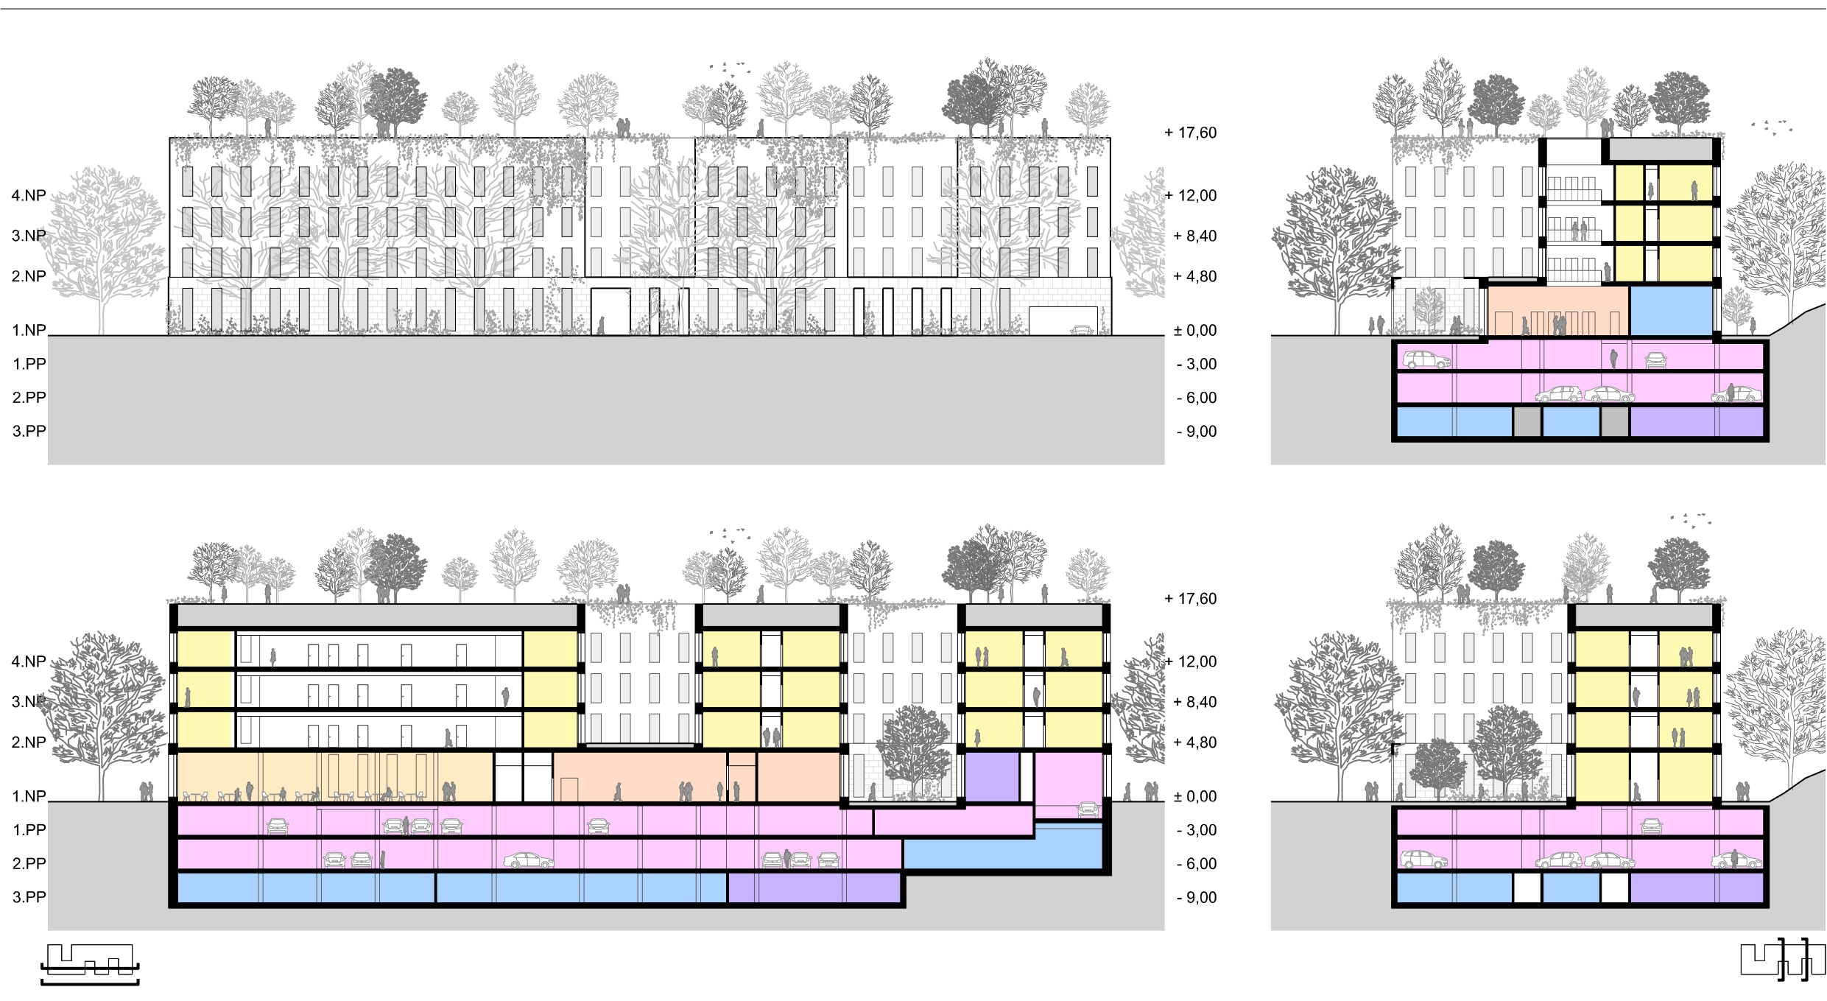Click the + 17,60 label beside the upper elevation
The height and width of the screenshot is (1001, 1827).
click(1190, 133)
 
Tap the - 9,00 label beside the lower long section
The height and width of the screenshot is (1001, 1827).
click(1196, 897)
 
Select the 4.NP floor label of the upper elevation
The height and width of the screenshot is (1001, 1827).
click(28, 195)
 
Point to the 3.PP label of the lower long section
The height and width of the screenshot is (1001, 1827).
click(29, 897)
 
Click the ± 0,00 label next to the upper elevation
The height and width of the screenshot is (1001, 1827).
click(1194, 330)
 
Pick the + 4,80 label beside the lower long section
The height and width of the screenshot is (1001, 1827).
click(1194, 742)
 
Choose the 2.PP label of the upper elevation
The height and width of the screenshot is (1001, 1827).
click(29, 398)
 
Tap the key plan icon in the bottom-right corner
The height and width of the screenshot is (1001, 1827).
click(1782, 960)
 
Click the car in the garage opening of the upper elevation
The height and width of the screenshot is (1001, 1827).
click(1082, 331)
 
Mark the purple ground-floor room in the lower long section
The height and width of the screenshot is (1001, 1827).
click(991, 776)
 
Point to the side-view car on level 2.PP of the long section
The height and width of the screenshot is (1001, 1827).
click(528, 860)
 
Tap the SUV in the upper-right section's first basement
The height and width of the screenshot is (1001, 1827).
click(1426, 360)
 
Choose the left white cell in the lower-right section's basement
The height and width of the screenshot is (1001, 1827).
click(1527, 888)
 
